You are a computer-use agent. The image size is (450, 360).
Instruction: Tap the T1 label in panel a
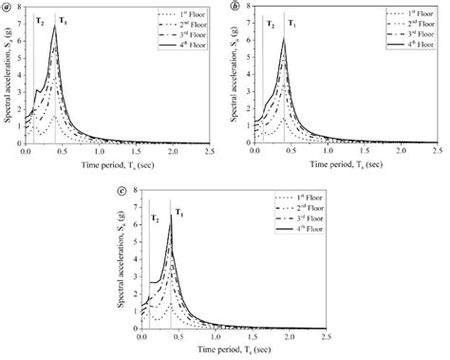[63, 20]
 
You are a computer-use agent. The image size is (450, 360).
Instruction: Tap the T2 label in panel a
[40, 20]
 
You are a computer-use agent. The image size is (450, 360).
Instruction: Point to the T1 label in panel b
[291, 22]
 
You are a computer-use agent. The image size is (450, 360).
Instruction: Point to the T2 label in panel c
[154, 218]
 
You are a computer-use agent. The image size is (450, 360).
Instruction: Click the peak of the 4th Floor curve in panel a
[55, 27]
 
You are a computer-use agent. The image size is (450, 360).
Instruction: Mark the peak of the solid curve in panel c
[171, 216]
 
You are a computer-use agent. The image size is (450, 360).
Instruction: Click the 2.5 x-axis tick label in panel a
[210, 151]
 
